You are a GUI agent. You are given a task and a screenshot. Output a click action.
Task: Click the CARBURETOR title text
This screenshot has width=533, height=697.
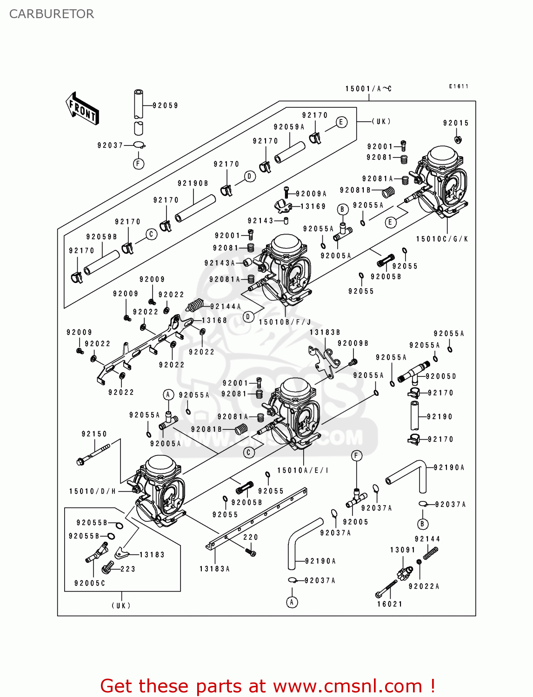pyautogui.click(x=52, y=14)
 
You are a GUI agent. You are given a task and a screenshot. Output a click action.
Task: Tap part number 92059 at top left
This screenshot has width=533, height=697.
pyautogui.click(x=166, y=105)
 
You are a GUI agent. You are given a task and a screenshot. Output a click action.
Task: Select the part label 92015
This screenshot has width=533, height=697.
pyautogui.click(x=456, y=123)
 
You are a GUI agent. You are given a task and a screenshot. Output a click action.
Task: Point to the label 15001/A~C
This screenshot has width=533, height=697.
pyautogui.click(x=368, y=89)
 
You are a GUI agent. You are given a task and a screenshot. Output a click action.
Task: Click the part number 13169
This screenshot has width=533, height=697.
pyautogui.click(x=313, y=206)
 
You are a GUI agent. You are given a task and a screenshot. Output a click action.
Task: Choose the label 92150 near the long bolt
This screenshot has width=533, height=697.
pyautogui.click(x=94, y=434)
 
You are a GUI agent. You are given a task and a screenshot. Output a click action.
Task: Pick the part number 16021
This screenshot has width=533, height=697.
pyautogui.click(x=390, y=604)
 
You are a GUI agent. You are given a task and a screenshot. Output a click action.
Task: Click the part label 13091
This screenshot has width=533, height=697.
pyautogui.click(x=403, y=550)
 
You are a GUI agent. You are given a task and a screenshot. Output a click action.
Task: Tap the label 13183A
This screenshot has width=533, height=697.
pyautogui.click(x=215, y=569)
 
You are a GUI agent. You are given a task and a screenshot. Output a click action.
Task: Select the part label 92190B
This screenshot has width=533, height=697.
pyautogui.click(x=193, y=184)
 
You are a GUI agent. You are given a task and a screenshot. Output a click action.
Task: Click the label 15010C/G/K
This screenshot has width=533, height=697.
pyautogui.click(x=442, y=239)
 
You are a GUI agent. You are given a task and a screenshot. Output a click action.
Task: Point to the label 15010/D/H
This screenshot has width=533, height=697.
pyautogui.click(x=93, y=491)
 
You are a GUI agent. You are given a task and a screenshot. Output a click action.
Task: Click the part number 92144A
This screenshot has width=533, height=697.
pyautogui.click(x=226, y=307)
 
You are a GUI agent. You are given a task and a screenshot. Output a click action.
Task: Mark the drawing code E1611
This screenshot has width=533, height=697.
pyautogui.click(x=459, y=86)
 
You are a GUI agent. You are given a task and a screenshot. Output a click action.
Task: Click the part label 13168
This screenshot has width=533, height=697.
pyautogui.click(x=214, y=321)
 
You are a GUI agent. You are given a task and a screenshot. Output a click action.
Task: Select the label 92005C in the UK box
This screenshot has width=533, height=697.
pyautogui.click(x=90, y=583)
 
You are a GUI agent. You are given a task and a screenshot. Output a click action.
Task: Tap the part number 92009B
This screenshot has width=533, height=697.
pyautogui.click(x=353, y=343)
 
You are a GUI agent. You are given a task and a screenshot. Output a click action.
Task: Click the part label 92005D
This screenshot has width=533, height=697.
pyautogui.click(x=441, y=376)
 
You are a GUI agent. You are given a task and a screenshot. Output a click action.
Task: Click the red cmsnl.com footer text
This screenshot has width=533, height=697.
pyautogui.click(x=267, y=686)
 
